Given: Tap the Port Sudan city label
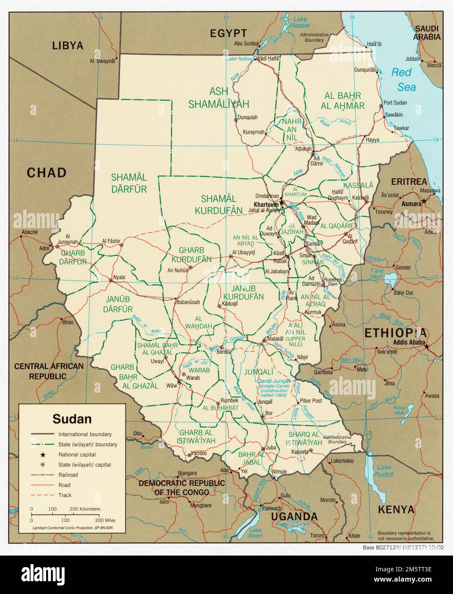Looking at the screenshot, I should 395,103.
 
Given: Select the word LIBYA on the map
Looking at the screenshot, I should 68,45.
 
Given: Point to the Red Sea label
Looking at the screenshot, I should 403,79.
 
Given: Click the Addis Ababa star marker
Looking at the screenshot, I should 426,347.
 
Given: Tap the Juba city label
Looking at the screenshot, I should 271,448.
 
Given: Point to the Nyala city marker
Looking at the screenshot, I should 111,281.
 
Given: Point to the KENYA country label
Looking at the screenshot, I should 396,509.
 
